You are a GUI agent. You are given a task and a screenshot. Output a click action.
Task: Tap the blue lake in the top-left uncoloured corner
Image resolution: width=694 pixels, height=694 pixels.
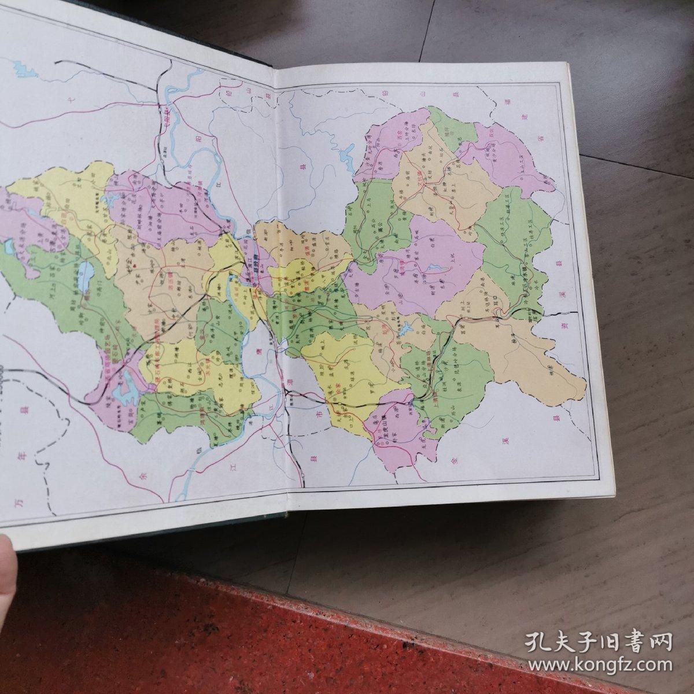coord(23,72)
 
